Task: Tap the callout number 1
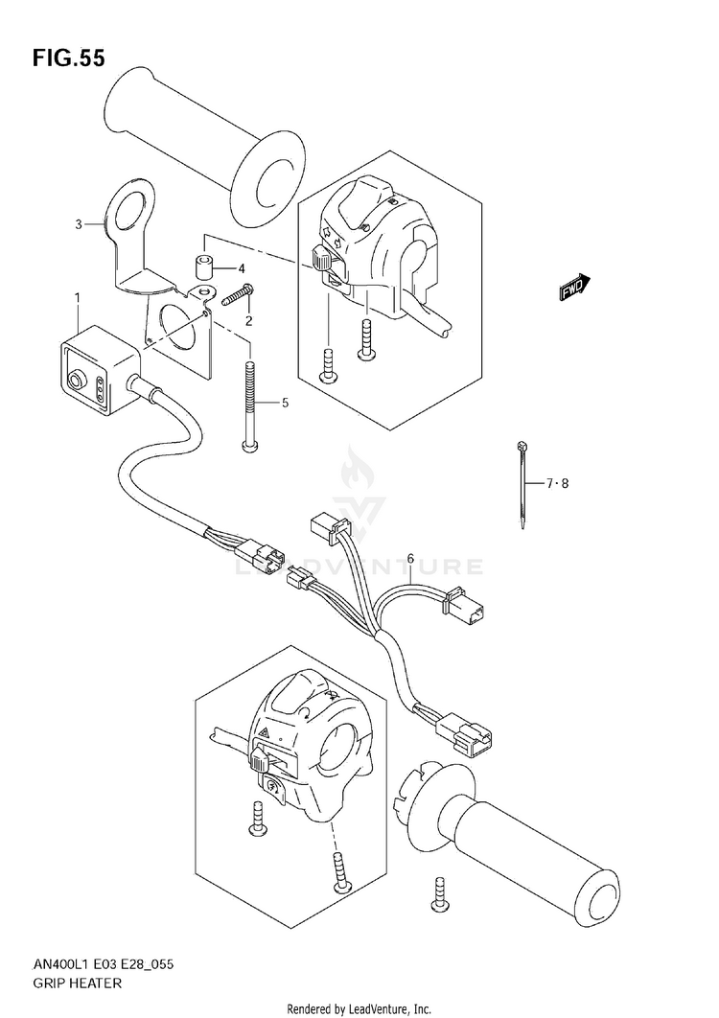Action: (x=77, y=298)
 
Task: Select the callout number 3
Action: (x=79, y=224)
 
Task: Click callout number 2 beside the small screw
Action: (x=248, y=319)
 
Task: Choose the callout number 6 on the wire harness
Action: (x=409, y=558)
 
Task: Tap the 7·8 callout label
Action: (x=558, y=484)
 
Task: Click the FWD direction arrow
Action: (x=573, y=287)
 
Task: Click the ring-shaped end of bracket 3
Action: (x=127, y=209)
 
